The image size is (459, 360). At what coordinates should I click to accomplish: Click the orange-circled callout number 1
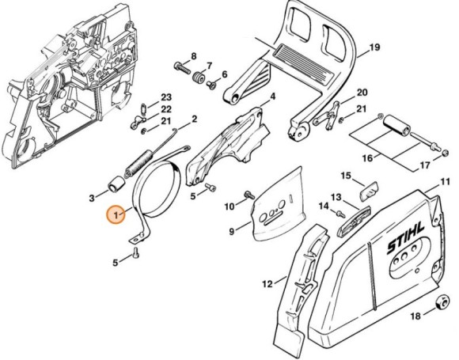tap(116, 214)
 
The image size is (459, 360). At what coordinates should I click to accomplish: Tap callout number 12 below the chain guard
tap(267, 282)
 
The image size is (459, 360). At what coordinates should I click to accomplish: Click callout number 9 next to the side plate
tap(232, 232)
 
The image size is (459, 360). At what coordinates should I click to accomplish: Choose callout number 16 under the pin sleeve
tap(366, 158)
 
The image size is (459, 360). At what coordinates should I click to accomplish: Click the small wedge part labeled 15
tap(370, 188)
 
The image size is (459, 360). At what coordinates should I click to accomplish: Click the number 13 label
tap(336, 197)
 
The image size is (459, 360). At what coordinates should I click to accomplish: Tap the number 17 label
tap(424, 165)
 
